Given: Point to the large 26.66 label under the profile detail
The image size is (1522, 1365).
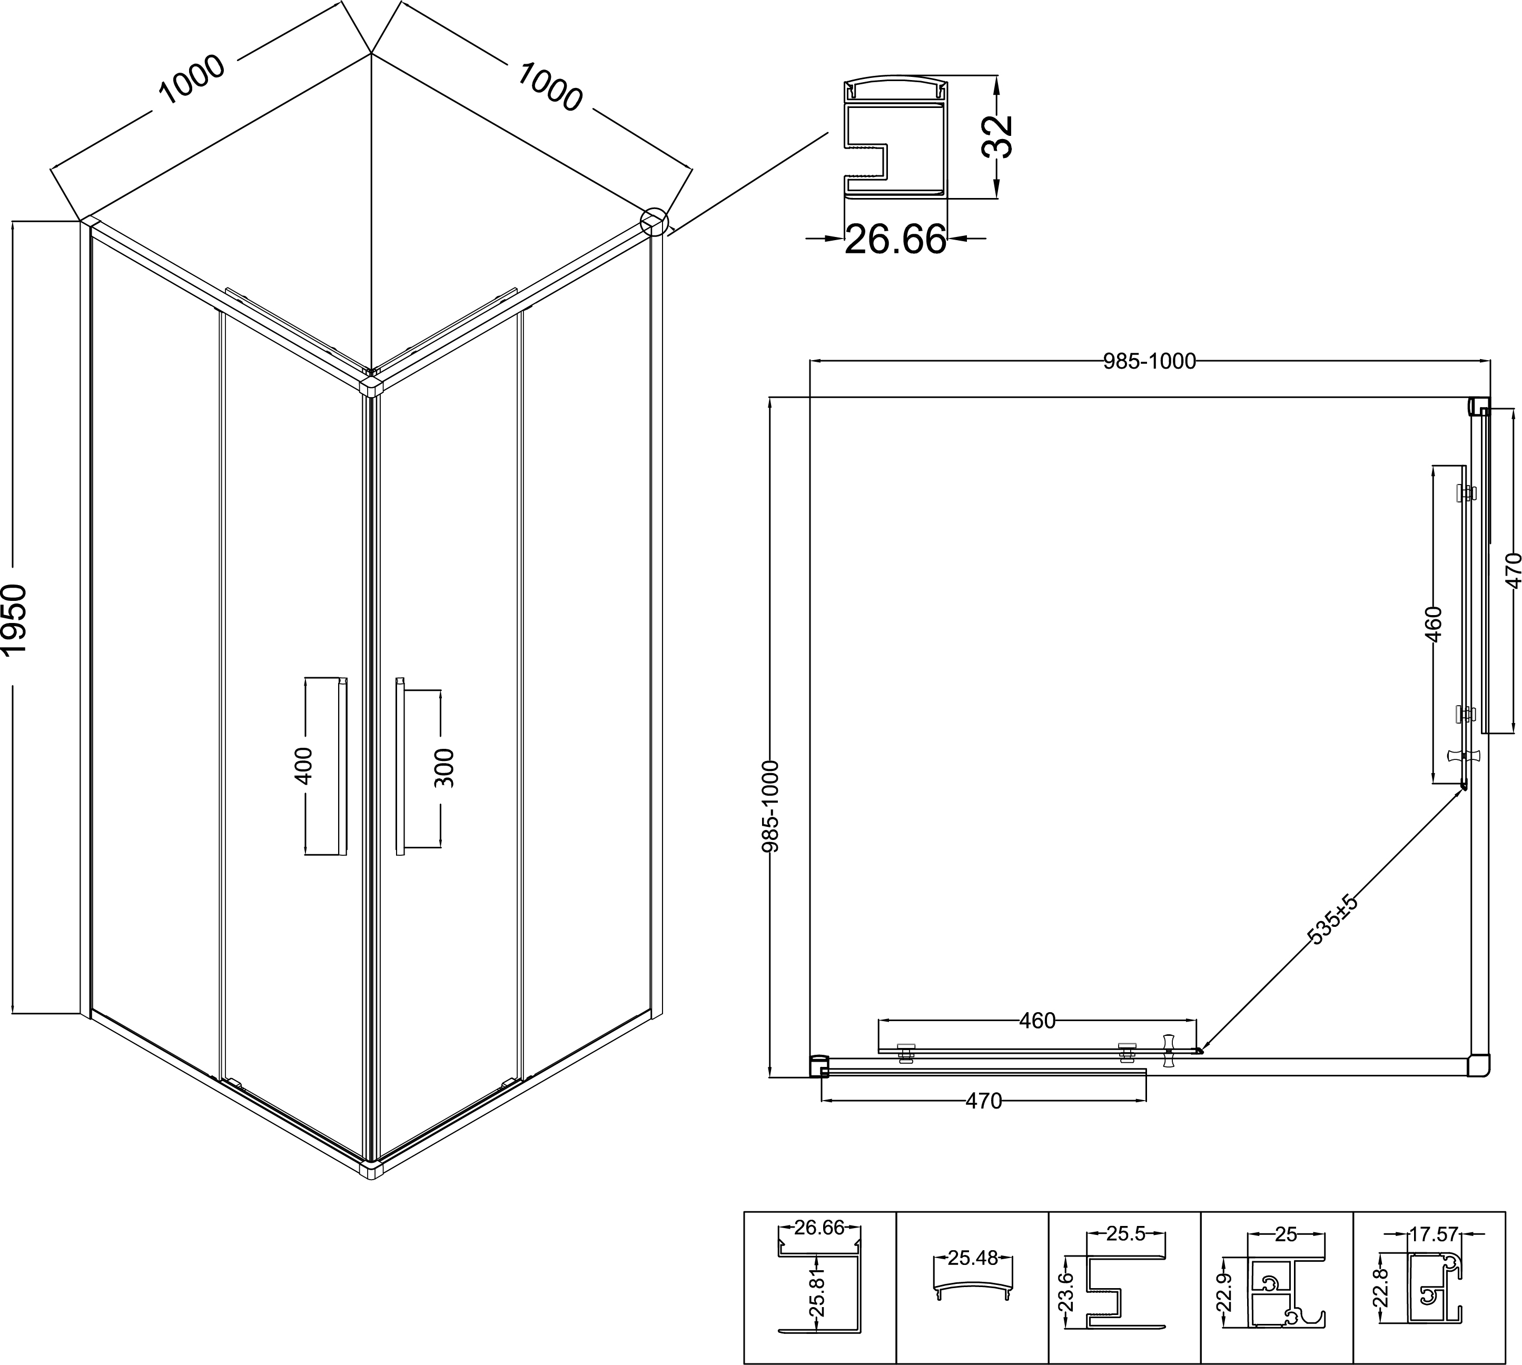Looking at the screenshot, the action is [x=896, y=239].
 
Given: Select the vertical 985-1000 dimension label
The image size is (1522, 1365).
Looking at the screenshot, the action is [x=771, y=806].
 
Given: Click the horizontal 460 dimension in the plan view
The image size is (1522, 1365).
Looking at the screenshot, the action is [x=1037, y=1021].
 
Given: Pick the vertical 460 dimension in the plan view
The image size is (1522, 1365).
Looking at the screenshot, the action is [x=1433, y=624].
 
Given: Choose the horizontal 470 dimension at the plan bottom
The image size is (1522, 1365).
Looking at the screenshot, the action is [x=983, y=1101].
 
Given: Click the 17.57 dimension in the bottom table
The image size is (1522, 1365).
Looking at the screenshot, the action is [x=1434, y=1234].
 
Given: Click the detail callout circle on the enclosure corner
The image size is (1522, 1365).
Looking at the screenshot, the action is [x=654, y=221].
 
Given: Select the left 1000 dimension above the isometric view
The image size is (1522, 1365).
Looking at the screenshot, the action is [x=191, y=80].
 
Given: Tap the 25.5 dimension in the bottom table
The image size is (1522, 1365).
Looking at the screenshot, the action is [x=1126, y=1234].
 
